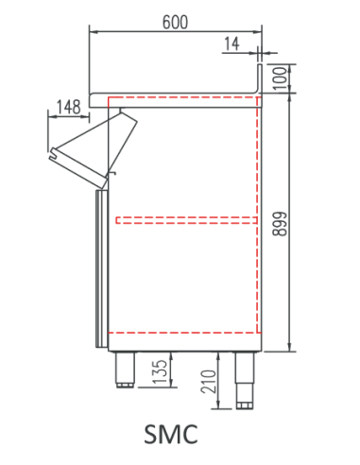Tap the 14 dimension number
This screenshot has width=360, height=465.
point(232,43)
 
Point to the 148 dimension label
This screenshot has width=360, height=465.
point(67,107)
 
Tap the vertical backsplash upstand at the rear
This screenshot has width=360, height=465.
point(261,77)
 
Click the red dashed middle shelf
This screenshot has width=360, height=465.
point(185,220)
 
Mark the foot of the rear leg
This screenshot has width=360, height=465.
point(245,405)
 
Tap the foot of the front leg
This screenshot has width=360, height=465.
point(125,384)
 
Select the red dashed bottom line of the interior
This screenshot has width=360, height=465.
point(185,334)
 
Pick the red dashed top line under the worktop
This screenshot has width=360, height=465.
point(185,98)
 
